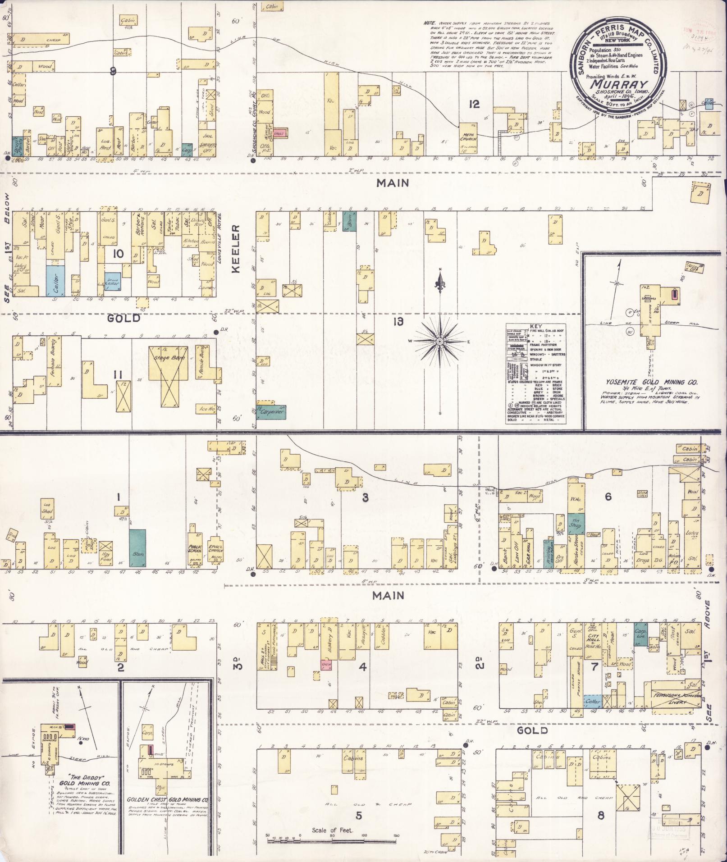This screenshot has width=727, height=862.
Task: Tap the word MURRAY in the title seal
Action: point(619,85)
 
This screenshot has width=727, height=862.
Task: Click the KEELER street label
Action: point(237,249)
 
